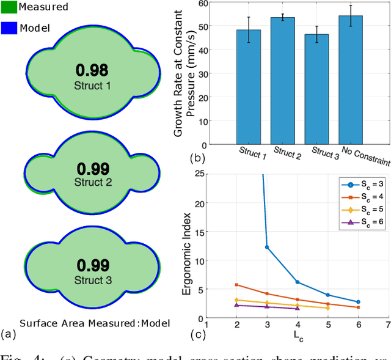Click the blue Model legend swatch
pos(8,28)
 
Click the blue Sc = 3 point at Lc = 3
pos(267,247)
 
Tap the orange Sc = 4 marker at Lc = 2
pos(236,285)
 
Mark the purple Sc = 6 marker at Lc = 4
pos(298,309)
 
